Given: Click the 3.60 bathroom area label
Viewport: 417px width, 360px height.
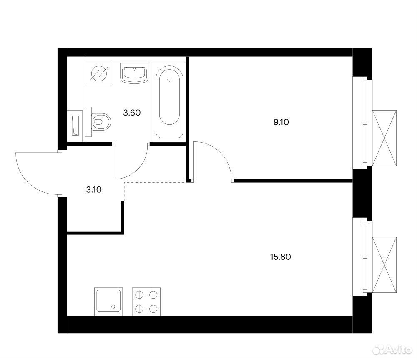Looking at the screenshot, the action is [x=132, y=113].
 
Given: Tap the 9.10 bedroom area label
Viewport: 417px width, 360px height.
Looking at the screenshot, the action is [x=281, y=122].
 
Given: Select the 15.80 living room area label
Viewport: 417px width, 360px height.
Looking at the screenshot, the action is [x=280, y=257].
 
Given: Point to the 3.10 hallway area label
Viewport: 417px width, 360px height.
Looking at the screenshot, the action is [x=94, y=190].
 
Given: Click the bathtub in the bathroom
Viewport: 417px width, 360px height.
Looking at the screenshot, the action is [x=169, y=102].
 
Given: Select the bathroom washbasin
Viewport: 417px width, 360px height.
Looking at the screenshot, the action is [x=134, y=73].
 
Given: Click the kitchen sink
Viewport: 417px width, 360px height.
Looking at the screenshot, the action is [x=108, y=302].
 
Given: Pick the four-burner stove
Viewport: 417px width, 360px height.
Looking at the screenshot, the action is [x=146, y=302].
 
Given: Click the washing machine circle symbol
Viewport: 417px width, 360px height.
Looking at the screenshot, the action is [x=99, y=73].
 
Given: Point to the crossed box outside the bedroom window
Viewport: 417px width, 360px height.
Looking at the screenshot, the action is [x=384, y=138].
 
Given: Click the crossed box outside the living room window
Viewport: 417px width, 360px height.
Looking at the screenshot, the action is [x=384, y=265].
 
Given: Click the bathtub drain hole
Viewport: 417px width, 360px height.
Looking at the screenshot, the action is [x=169, y=79].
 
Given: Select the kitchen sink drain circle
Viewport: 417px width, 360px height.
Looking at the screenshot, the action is [x=113, y=307].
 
